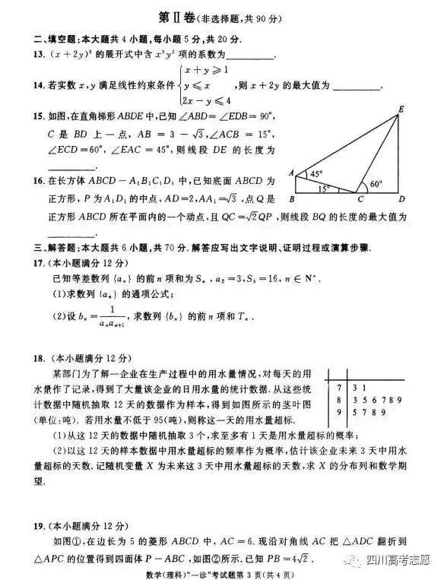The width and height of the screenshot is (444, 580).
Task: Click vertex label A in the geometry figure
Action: tap(291, 173)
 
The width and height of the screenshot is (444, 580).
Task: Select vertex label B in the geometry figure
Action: tap(292, 201)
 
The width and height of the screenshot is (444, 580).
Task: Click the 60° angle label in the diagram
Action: tap(376, 184)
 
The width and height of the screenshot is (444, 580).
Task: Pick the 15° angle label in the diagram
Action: tap(325, 188)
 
